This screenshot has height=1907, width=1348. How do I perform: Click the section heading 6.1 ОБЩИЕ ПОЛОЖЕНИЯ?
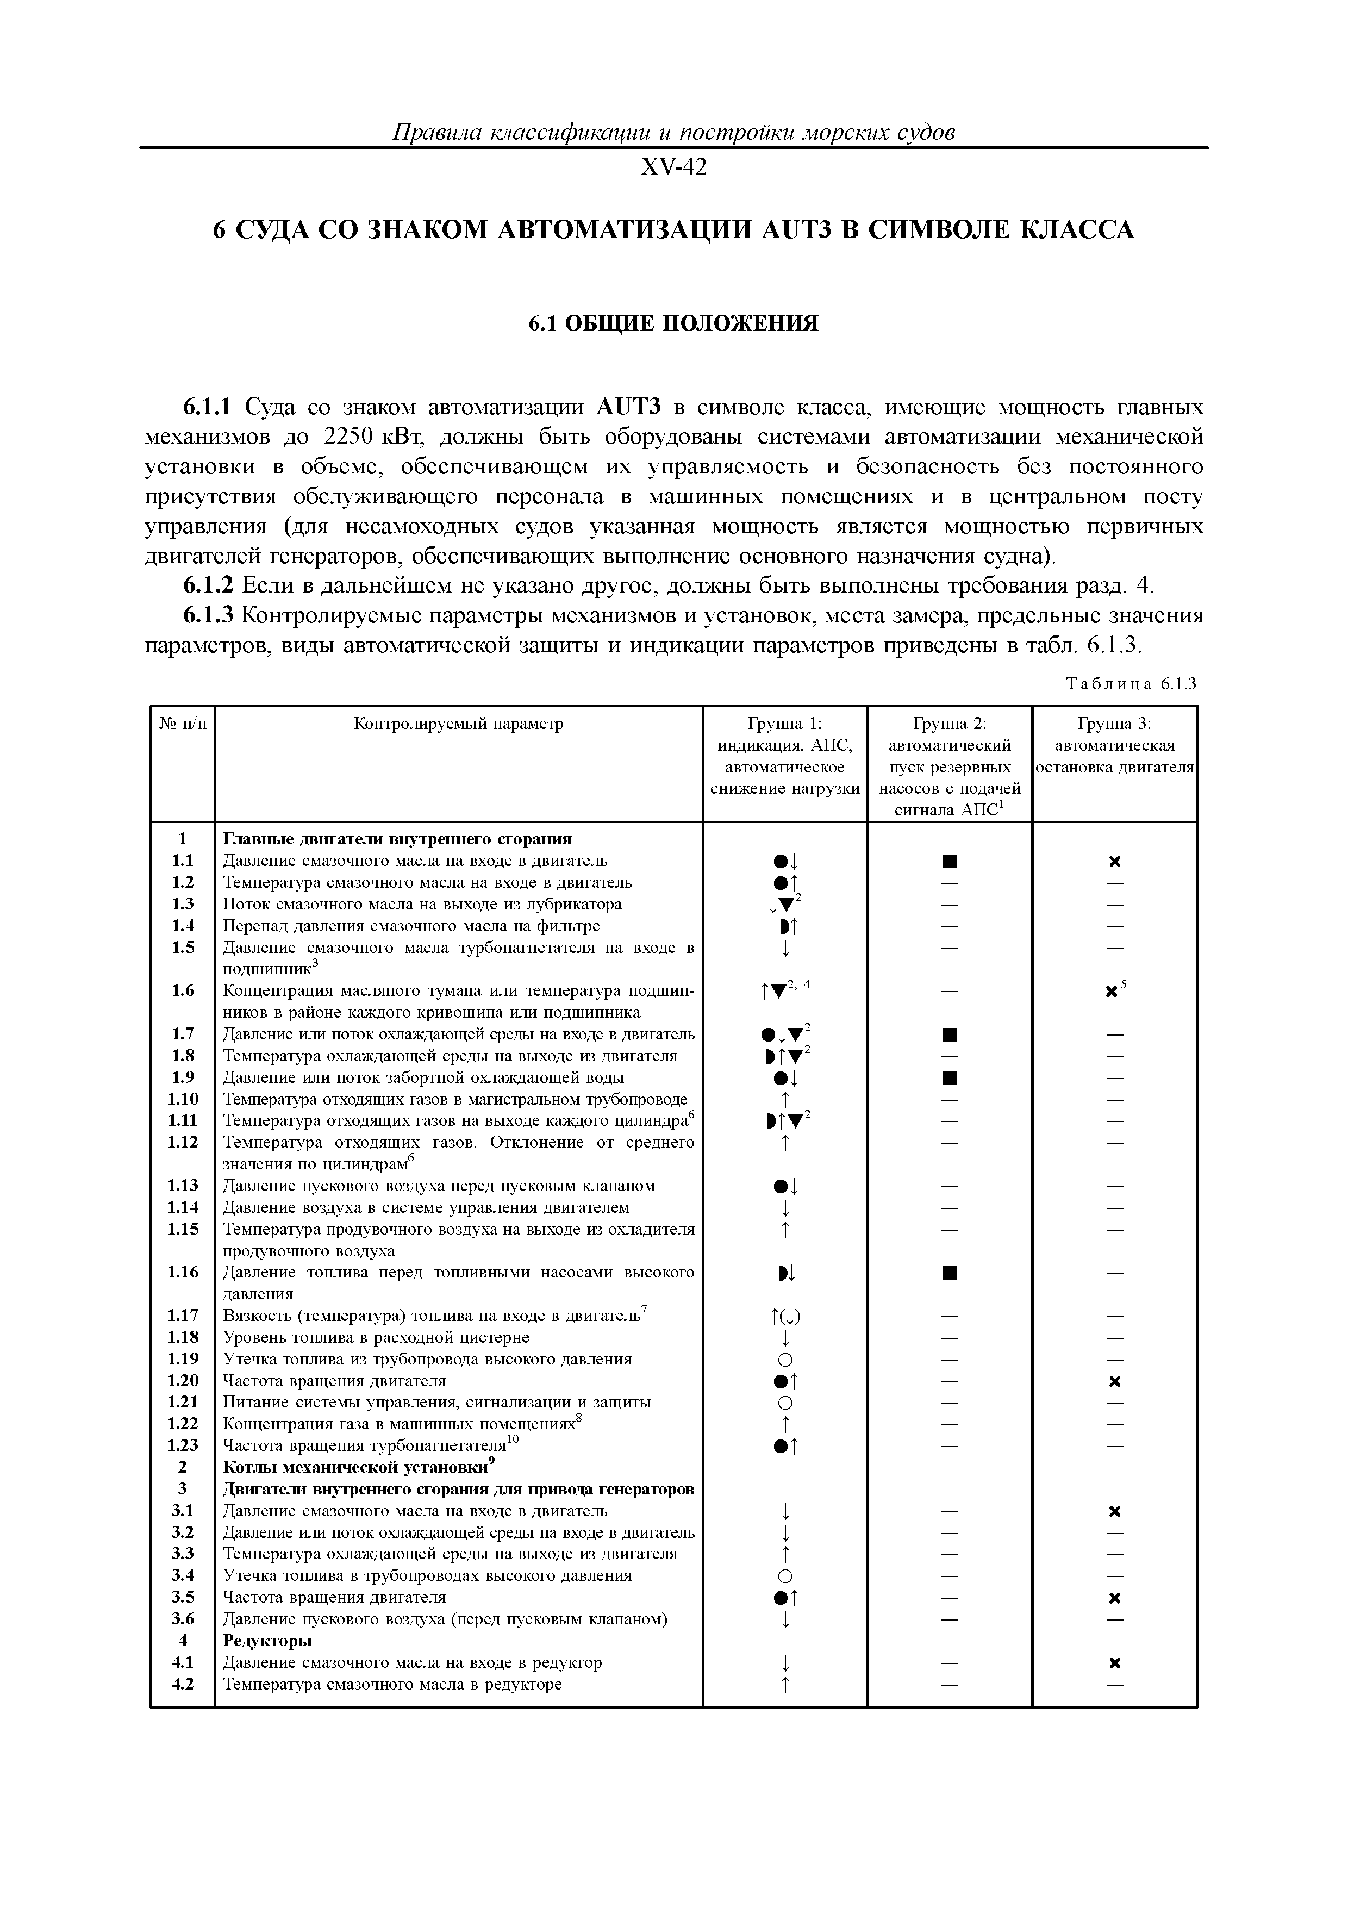point(673,323)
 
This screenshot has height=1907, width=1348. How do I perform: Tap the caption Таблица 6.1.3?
point(1131,684)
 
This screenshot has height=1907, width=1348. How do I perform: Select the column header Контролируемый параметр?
point(458,724)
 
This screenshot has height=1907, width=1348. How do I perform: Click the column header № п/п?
point(182,724)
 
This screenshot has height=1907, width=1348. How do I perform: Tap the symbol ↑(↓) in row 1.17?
point(785,1316)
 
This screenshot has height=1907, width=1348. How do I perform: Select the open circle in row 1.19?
point(785,1360)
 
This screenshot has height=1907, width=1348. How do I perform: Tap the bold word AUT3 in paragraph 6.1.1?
point(628,408)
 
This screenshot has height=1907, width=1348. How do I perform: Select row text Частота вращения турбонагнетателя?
point(365,1446)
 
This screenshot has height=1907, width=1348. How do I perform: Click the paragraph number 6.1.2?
point(209,587)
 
